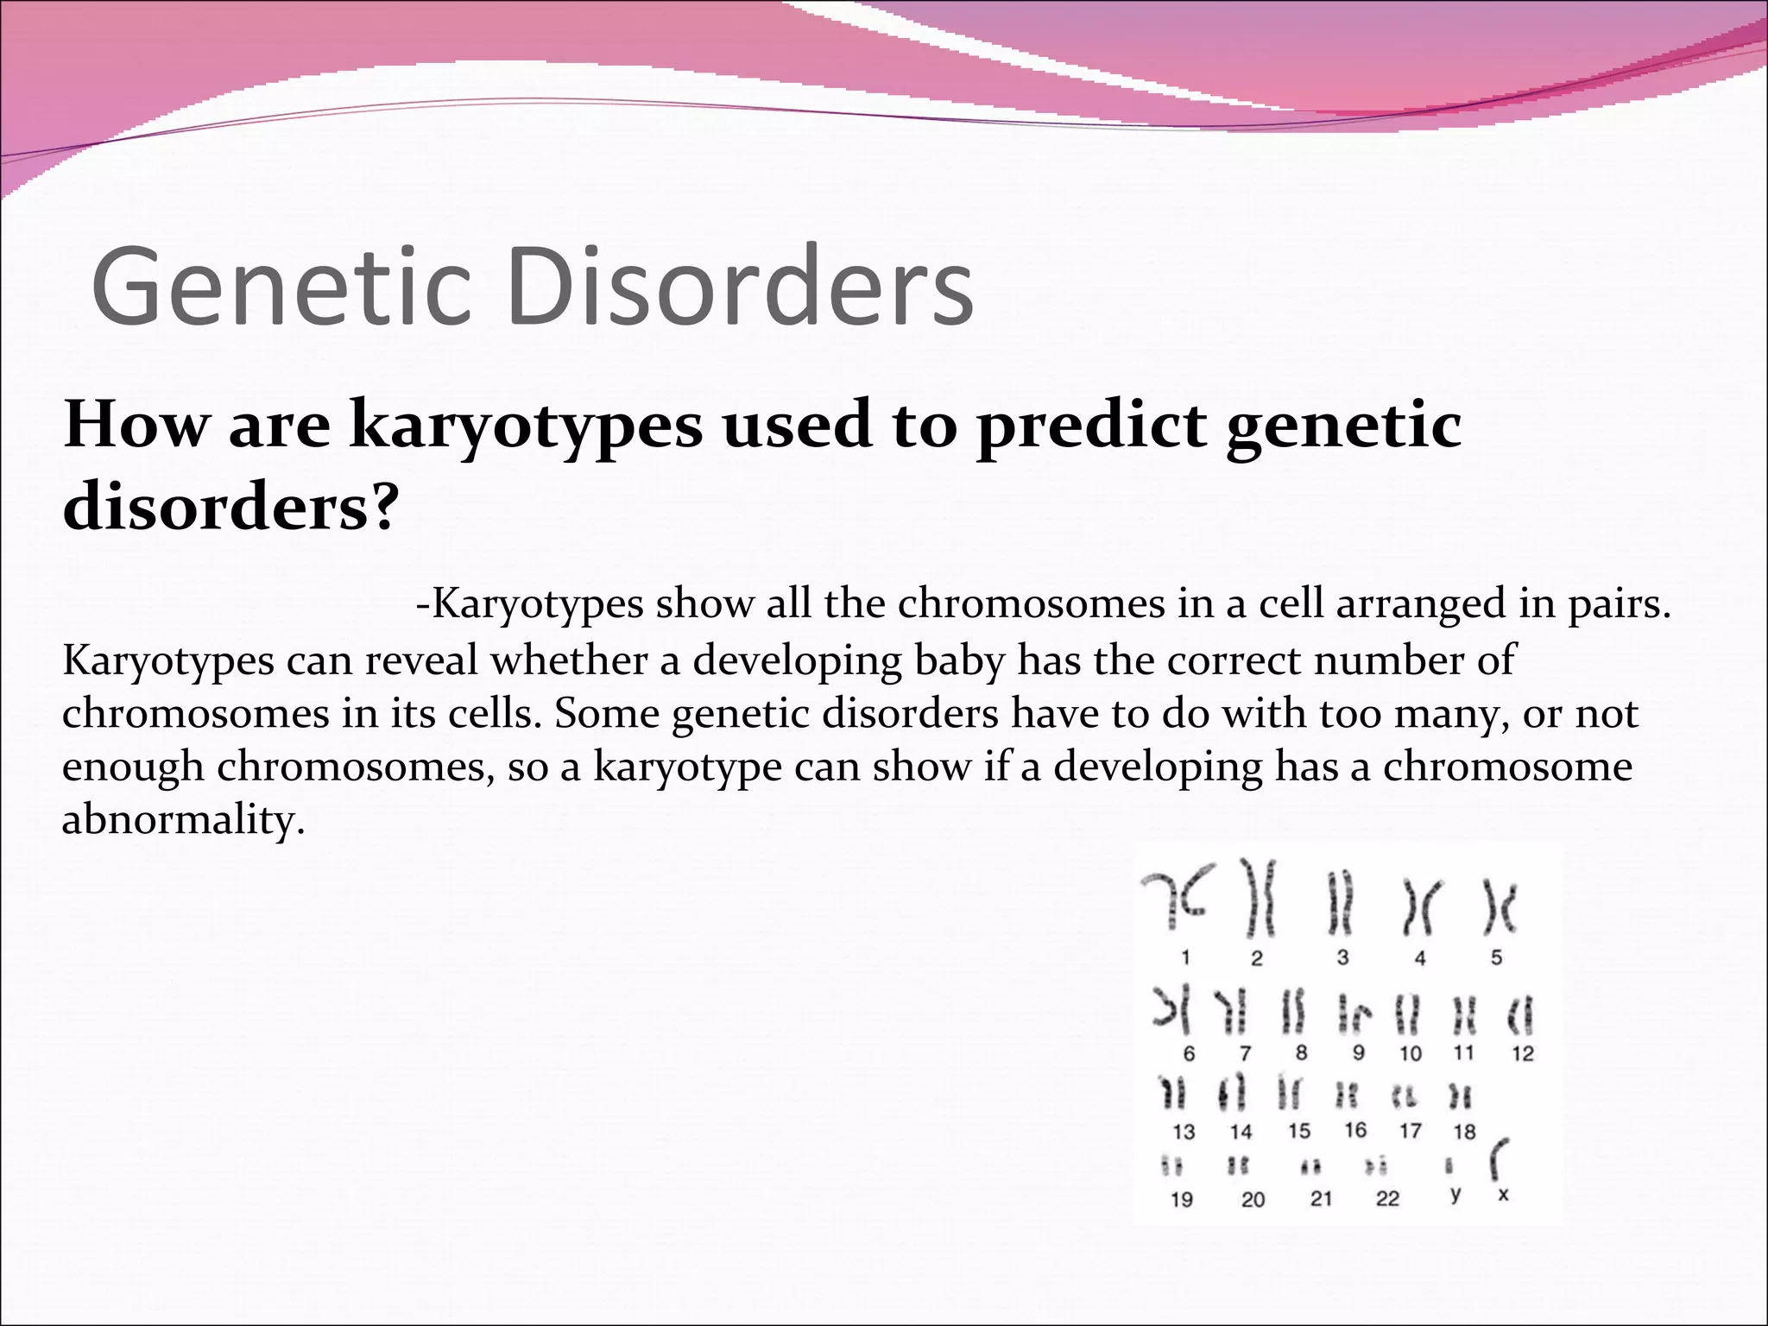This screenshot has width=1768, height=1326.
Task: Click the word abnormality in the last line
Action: click(x=184, y=819)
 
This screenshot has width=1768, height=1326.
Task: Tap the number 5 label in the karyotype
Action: click(x=1496, y=957)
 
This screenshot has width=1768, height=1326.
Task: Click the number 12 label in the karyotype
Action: click(x=1523, y=1054)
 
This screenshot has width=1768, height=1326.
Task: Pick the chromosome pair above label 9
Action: click(x=1354, y=1015)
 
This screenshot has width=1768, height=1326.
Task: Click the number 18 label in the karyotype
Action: click(x=1464, y=1132)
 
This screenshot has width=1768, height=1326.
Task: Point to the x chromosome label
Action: click(x=1503, y=1196)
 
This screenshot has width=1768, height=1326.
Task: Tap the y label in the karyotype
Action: click(x=1455, y=1194)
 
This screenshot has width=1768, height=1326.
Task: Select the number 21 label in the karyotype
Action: click(x=1321, y=1199)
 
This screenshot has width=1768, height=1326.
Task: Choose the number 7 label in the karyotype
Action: click(x=1245, y=1054)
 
